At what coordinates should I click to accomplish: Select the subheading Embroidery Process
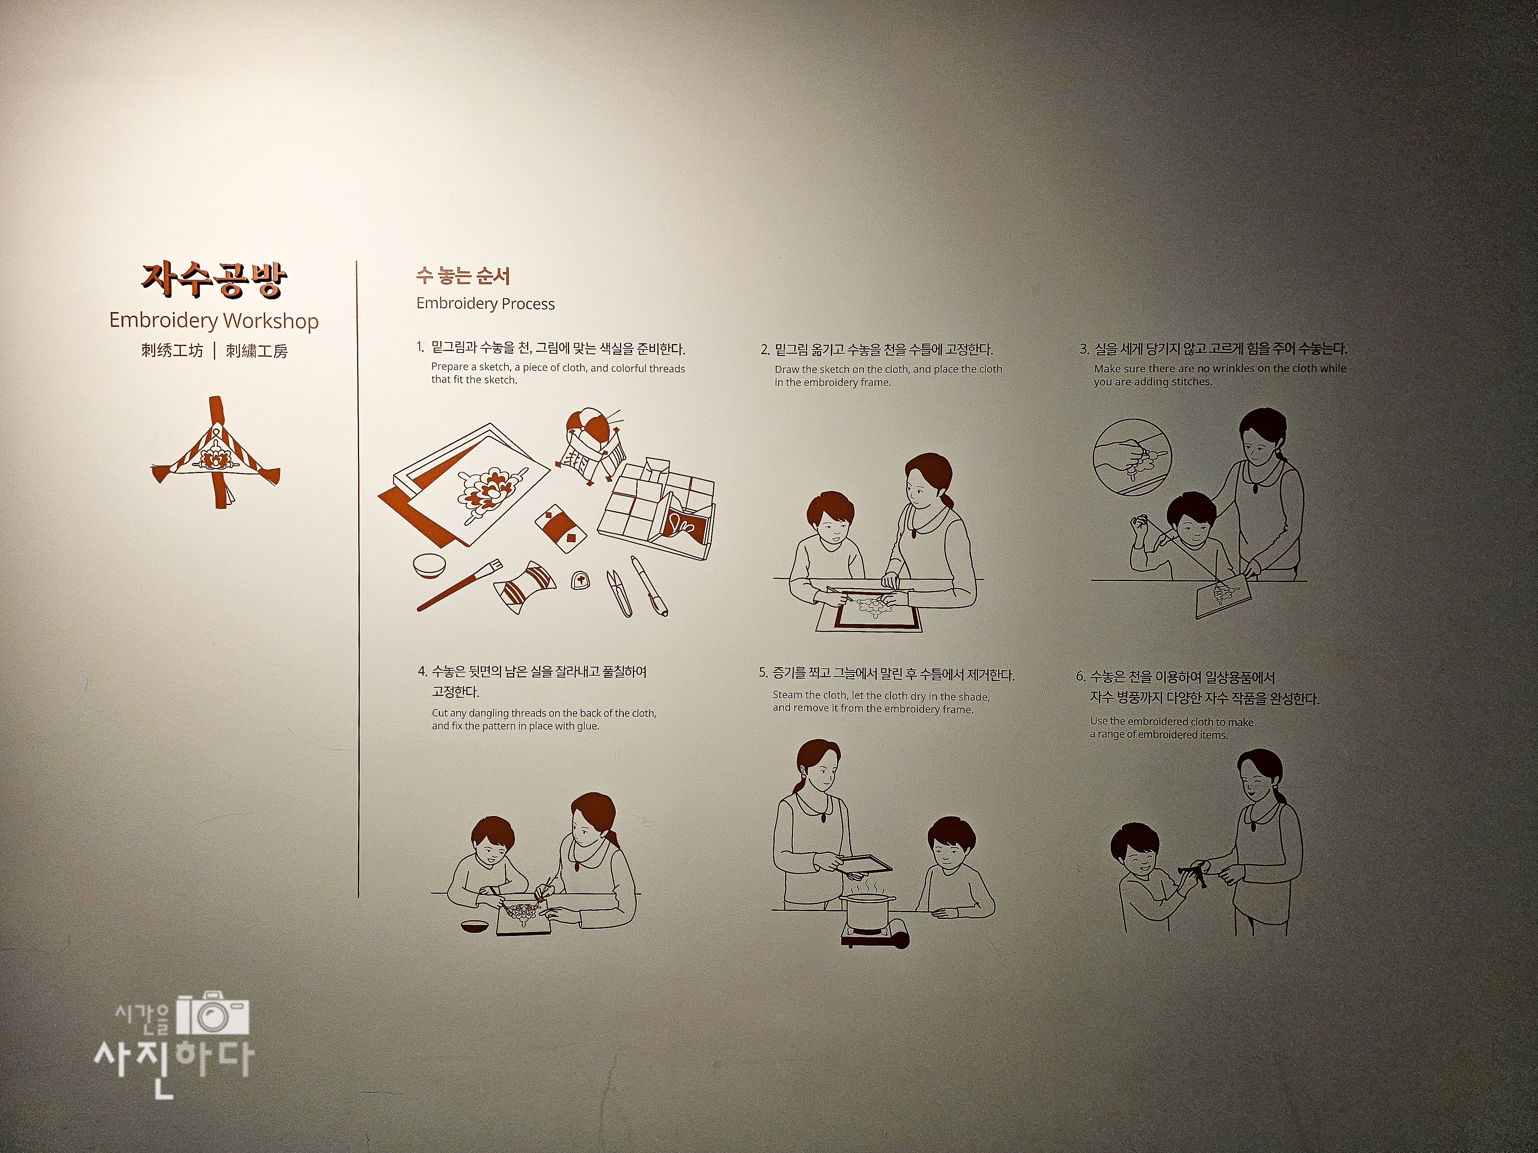(485, 304)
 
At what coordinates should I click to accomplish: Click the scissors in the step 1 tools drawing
(619, 593)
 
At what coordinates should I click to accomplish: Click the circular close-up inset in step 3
(1132, 457)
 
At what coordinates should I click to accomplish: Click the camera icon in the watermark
(213, 1016)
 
